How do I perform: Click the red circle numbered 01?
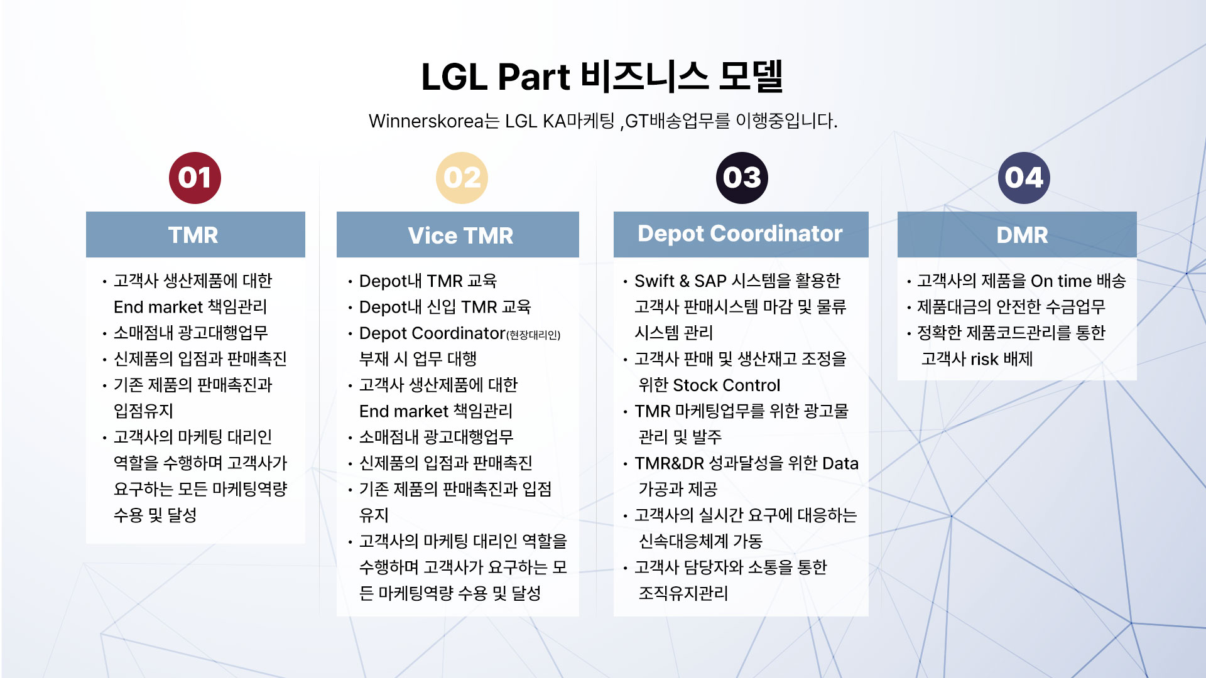[x=195, y=178]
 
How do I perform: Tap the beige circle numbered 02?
[x=462, y=178]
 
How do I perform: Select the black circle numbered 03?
[x=742, y=178]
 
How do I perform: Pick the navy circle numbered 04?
[x=1024, y=178]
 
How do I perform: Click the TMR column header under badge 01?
[x=195, y=235]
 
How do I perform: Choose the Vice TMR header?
[x=458, y=235]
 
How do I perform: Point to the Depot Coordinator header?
[x=741, y=235]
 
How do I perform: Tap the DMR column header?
[x=1017, y=235]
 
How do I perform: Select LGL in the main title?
[x=454, y=77]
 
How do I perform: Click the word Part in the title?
[x=534, y=77]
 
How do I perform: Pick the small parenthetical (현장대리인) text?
[x=533, y=335]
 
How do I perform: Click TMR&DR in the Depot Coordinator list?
[x=669, y=463]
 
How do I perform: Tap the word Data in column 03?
[x=840, y=463]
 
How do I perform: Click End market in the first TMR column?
[x=158, y=307]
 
